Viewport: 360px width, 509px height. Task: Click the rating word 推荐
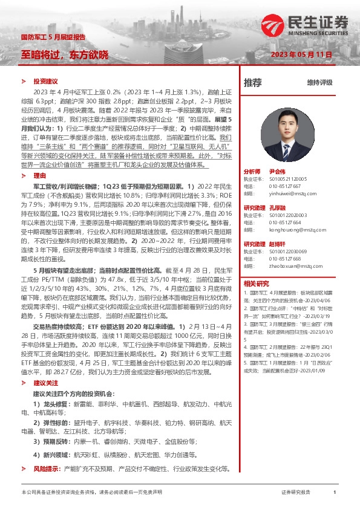pos(253,82)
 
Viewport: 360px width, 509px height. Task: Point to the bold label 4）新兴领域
pos(50,453)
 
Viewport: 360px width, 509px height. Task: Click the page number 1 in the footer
pos(335,493)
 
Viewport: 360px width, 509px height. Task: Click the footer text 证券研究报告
pos(296,493)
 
